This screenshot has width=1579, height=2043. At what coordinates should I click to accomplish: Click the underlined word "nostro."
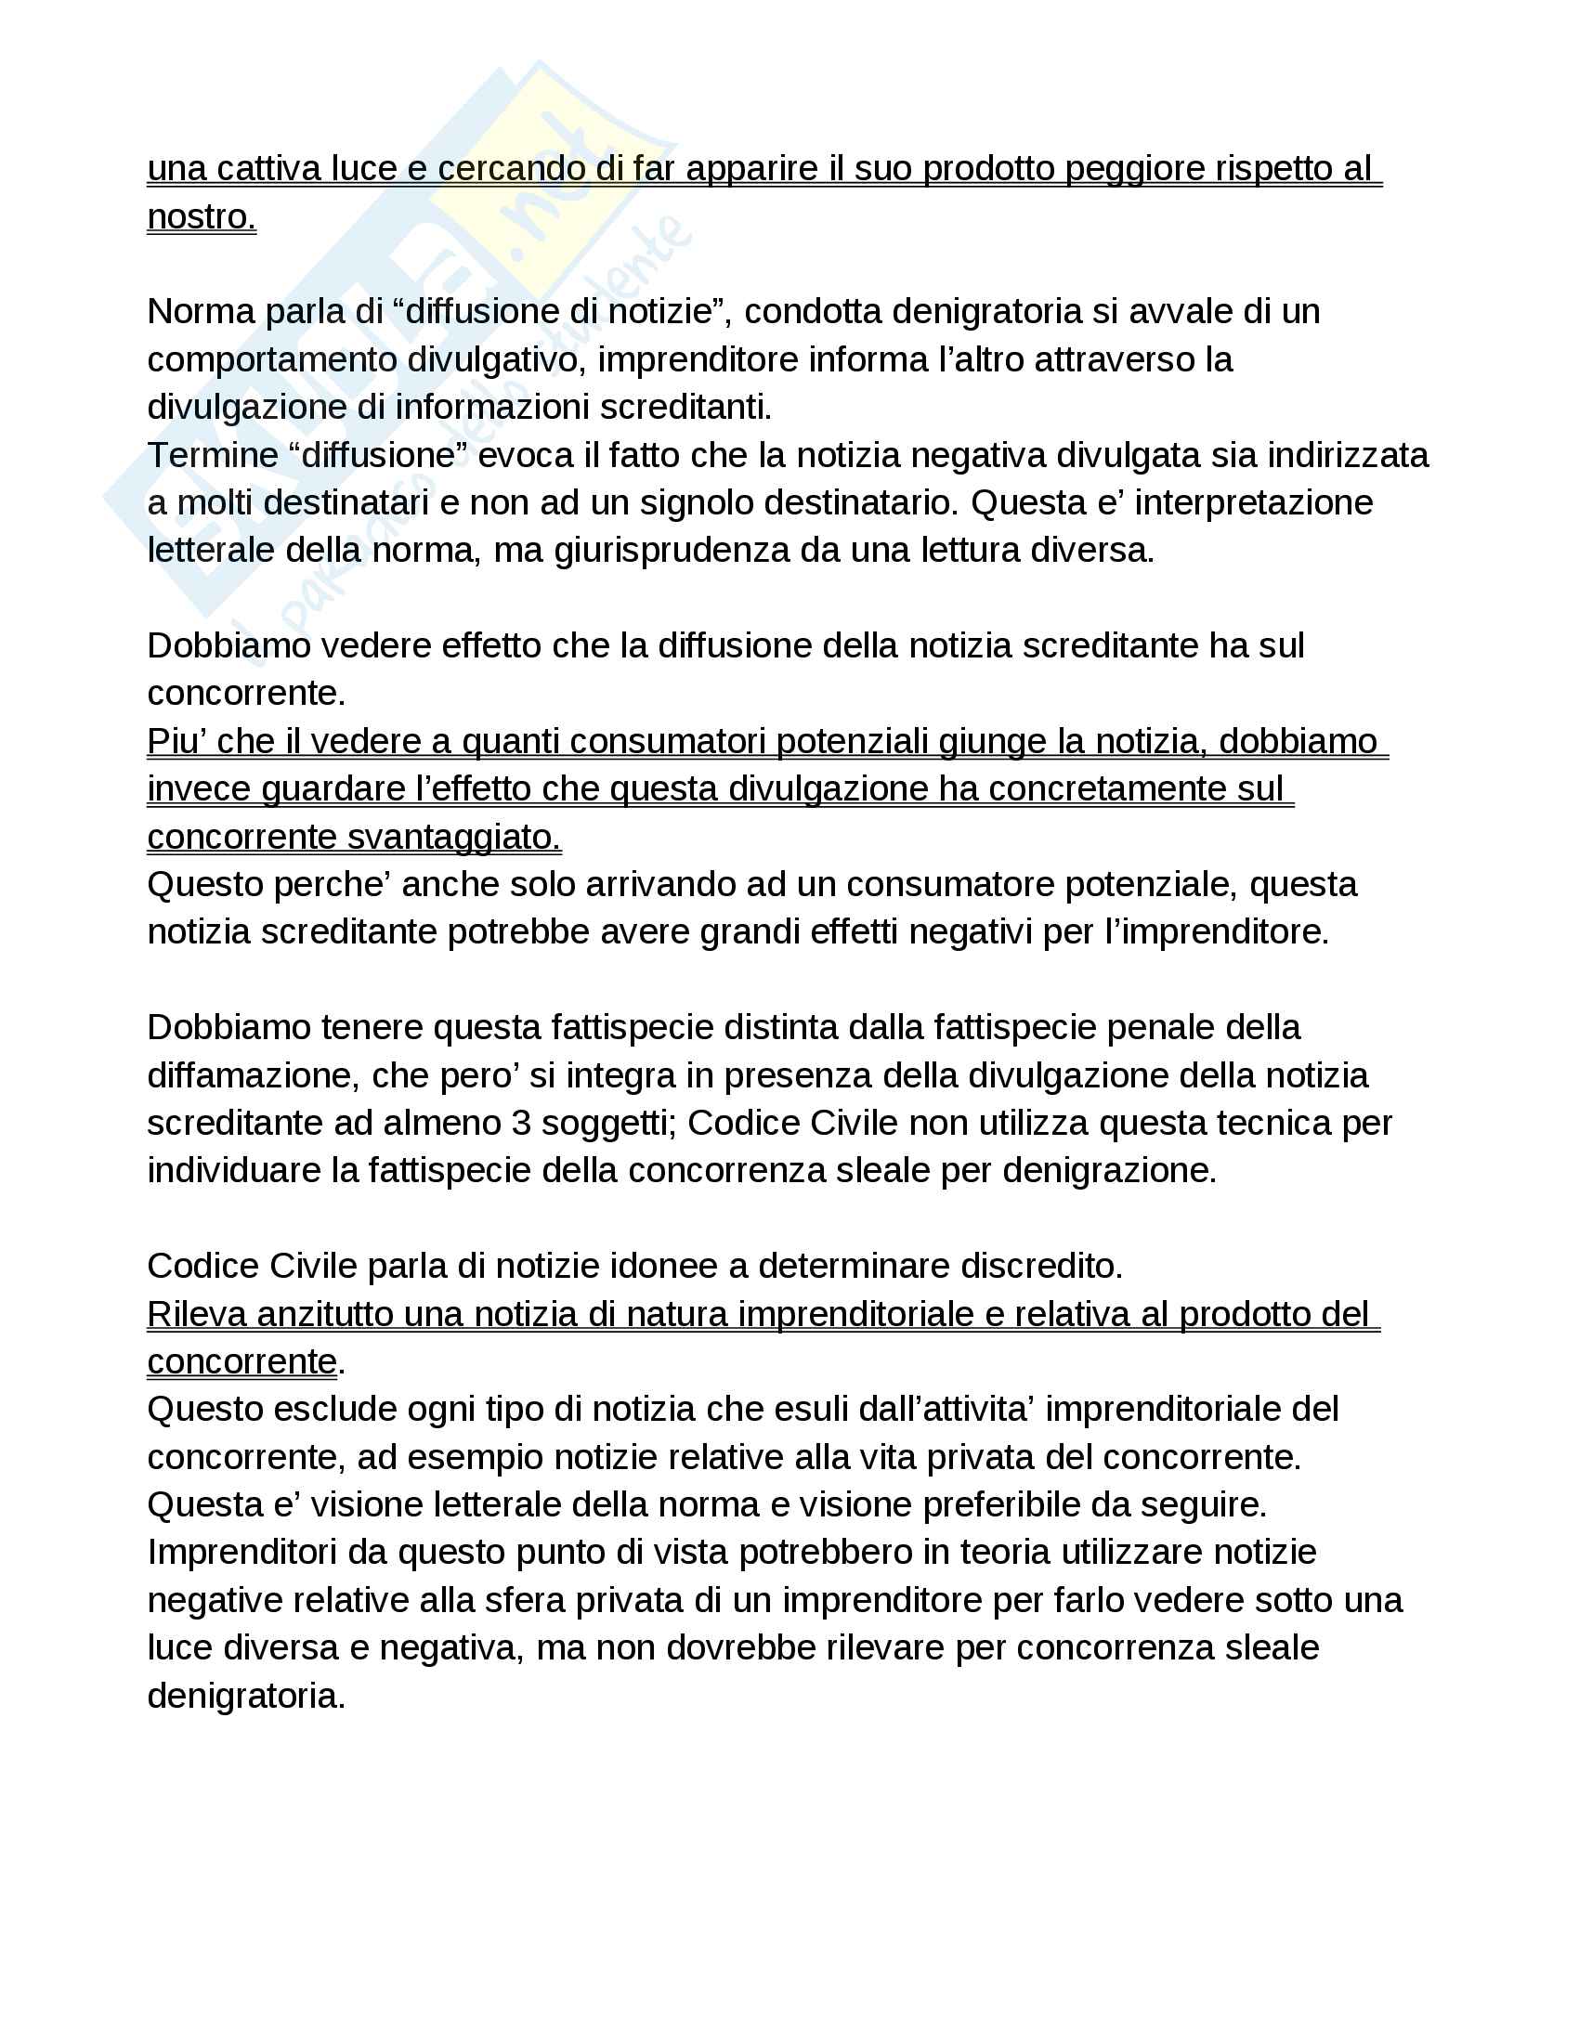coord(202,217)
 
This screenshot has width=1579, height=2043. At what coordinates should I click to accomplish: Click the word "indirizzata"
coord(1348,456)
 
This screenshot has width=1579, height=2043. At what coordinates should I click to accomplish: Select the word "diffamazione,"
coord(254,1075)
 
